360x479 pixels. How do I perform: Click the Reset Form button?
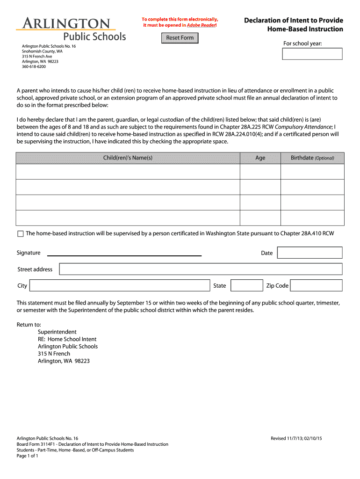pyautogui.click(x=180, y=38)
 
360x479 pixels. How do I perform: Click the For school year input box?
pyautogui.click(x=312, y=54)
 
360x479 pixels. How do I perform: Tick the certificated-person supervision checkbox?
pyautogui.click(x=20, y=233)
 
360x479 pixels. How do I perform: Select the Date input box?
pyautogui.click(x=310, y=253)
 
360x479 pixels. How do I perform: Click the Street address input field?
pyautogui.click(x=201, y=269)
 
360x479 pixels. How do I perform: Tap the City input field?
pyautogui.click(x=120, y=285)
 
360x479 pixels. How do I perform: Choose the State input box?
pyautogui.click(x=247, y=285)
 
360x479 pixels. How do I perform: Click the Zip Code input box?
pyautogui.click(x=317, y=285)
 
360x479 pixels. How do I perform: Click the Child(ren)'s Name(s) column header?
pyautogui.click(x=128, y=158)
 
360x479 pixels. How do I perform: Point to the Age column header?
pyautogui.click(x=260, y=158)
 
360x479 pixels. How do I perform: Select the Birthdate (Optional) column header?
pyautogui.click(x=312, y=158)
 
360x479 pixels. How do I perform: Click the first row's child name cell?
pyautogui.click(x=128, y=172)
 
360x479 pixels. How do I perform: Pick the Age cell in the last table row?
pyautogui.click(x=260, y=218)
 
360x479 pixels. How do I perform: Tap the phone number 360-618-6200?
pyautogui.click(x=34, y=67)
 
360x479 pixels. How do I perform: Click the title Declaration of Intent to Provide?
pyautogui.click(x=294, y=21)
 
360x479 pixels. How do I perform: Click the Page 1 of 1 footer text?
pyautogui.click(x=27, y=456)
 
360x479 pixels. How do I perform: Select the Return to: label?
pyautogui.click(x=29, y=325)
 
